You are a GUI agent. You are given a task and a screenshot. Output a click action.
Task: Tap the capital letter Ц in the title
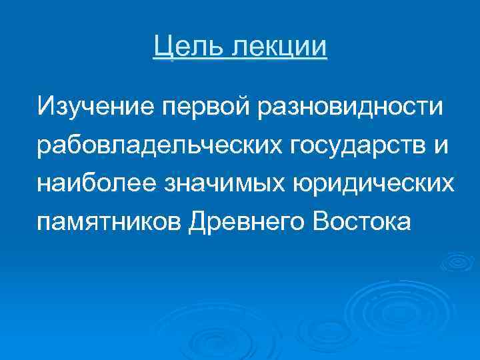[x=161, y=47]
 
